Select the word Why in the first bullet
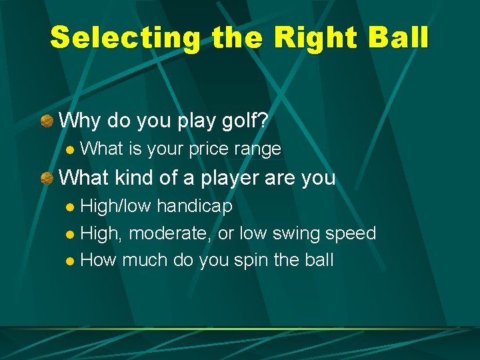coord(80,121)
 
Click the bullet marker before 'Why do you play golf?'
coord(46,121)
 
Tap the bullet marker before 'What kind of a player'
coord(46,178)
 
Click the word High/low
coord(117,207)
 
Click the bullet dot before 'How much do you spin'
coord(71,261)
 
